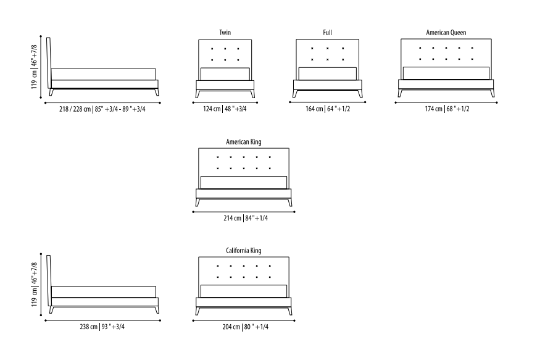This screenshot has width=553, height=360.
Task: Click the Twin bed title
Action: pos(225,32)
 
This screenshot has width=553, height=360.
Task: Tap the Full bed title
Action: pos(327,32)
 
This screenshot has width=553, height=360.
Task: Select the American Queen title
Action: pos(446,32)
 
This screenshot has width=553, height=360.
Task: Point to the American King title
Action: pos(244,142)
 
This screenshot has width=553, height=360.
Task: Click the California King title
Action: pos(244,250)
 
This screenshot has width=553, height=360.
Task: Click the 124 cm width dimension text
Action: pos(225,109)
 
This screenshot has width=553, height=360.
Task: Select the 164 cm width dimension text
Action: pos(327,109)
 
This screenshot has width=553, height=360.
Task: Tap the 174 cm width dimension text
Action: pos(446,109)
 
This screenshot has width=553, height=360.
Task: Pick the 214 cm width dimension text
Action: pos(244,218)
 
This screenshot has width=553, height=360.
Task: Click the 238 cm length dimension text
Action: pos(102,327)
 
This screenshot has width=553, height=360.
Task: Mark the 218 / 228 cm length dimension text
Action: pos(102,109)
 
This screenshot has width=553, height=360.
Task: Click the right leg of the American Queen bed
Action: pos(492,93)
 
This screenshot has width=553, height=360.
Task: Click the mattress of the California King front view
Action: pos(244,291)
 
